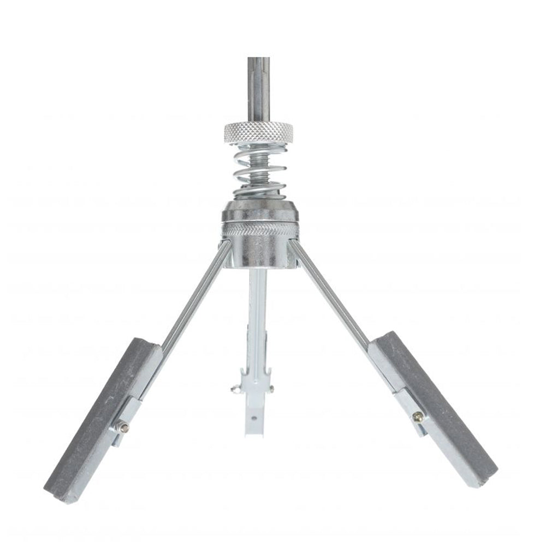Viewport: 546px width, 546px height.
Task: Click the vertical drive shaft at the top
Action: pyautogui.click(x=258, y=87)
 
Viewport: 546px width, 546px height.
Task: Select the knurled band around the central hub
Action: pyautogui.click(x=260, y=229)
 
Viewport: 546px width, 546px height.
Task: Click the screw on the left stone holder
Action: pyautogui.click(x=123, y=428)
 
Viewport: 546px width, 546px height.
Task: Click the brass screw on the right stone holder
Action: pyautogui.click(x=418, y=417)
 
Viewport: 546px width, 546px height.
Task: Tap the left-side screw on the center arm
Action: pyautogui.click(x=235, y=389)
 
